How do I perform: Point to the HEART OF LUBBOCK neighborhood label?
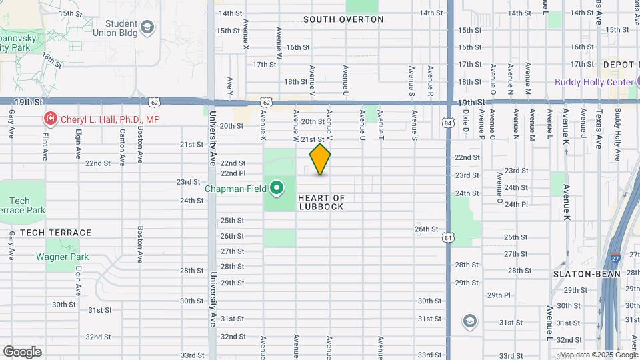pyautogui.click(x=321, y=202)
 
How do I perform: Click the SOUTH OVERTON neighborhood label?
pyautogui.click(x=343, y=19)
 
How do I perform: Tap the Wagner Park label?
pyautogui.click(x=62, y=257)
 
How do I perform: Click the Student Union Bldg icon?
pyautogui.click(x=147, y=28)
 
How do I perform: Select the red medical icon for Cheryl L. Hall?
pyautogui.click(x=49, y=119)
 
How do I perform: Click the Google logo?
pyautogui.click(x=22, y=352)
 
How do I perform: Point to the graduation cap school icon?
pyautogui.click(x=469, y=322)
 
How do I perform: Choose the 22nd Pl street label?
pyautogui.click(x=233, y=172)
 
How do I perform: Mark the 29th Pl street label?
pyautogui.click(x=498, y=295)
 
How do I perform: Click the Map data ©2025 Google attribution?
pyautogui.click(x=597, y=355)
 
